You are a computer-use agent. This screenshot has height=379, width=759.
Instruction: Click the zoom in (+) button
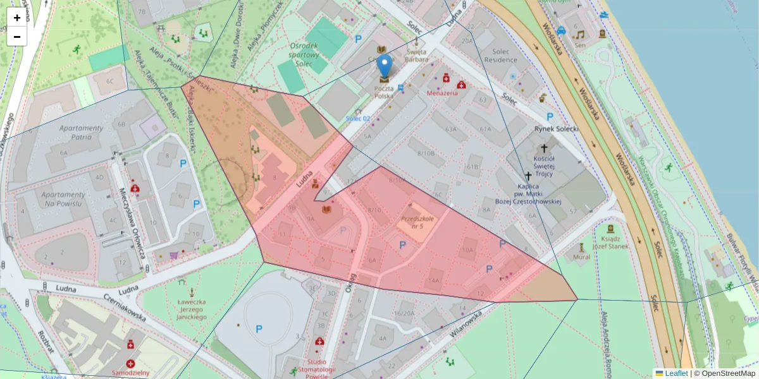click(x=17, y=18)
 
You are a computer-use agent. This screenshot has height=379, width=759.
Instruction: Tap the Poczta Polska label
click(x=383, y=92)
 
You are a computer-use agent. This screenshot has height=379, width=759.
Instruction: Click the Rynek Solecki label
click(x=557, y=128)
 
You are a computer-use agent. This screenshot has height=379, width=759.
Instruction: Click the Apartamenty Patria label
click(x=81, y=132)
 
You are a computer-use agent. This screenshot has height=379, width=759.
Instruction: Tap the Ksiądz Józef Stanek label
click(x=610, y=243)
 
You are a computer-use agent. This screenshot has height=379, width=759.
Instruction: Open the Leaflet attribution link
click(x=676, y=373)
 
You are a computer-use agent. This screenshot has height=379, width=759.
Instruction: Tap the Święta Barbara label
click(x=417, y=56)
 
